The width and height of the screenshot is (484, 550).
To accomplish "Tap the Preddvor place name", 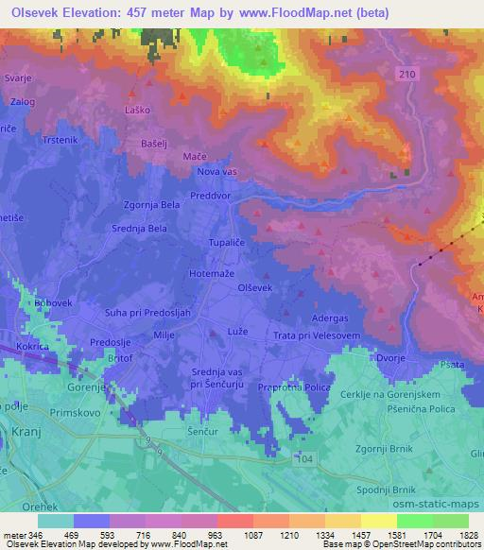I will (220, 199).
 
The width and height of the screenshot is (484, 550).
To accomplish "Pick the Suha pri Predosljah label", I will (115, 311).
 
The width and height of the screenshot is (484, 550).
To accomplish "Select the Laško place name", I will (139, 111).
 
